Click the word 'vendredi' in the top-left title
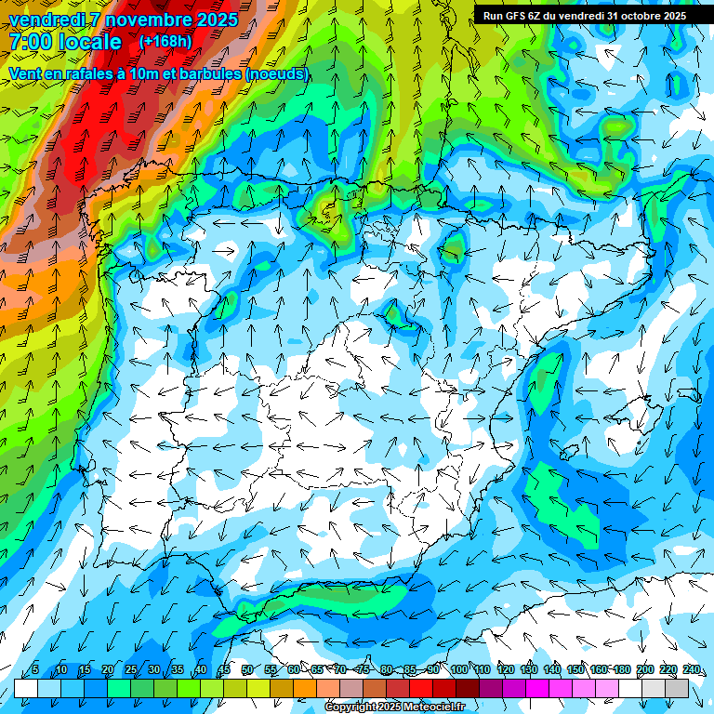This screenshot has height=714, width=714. click(x=46, y=20)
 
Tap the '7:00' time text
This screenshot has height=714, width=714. click(x=31, y=42)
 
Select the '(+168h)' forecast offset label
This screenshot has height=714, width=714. click(x=166, y=42)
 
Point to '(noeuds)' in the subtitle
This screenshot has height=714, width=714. click(x=277, y=73)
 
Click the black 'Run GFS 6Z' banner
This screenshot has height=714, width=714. click(x=585, y=16)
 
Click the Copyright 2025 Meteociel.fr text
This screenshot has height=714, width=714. click(x=395, y=707)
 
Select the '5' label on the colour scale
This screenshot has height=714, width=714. click(x=35, y=670)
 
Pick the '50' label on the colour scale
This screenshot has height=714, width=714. click(x=246, y=670)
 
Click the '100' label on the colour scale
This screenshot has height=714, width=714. click(x=458, y=670)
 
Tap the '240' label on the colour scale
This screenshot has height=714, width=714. click(x=691, y=670)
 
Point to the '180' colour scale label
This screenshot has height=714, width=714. click(x=621, y=670)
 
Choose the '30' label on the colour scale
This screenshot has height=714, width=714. click(x=153, y=670)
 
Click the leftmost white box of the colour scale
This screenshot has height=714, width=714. click(x=26, y=688)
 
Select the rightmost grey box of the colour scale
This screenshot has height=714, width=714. click(x=677, y=688)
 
